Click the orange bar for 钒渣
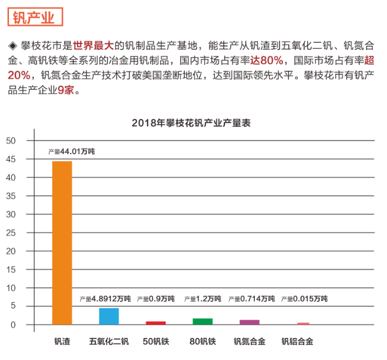click(62, 243)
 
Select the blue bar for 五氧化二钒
click(109, 316)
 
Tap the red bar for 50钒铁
click(155, 323)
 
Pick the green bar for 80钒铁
click(202, 321)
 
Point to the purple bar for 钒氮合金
click(249, 322)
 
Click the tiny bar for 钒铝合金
click(303, 324)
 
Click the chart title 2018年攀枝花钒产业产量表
click(191, 123)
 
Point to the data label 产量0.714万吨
click(257, 299)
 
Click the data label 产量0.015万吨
click(304, 299)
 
